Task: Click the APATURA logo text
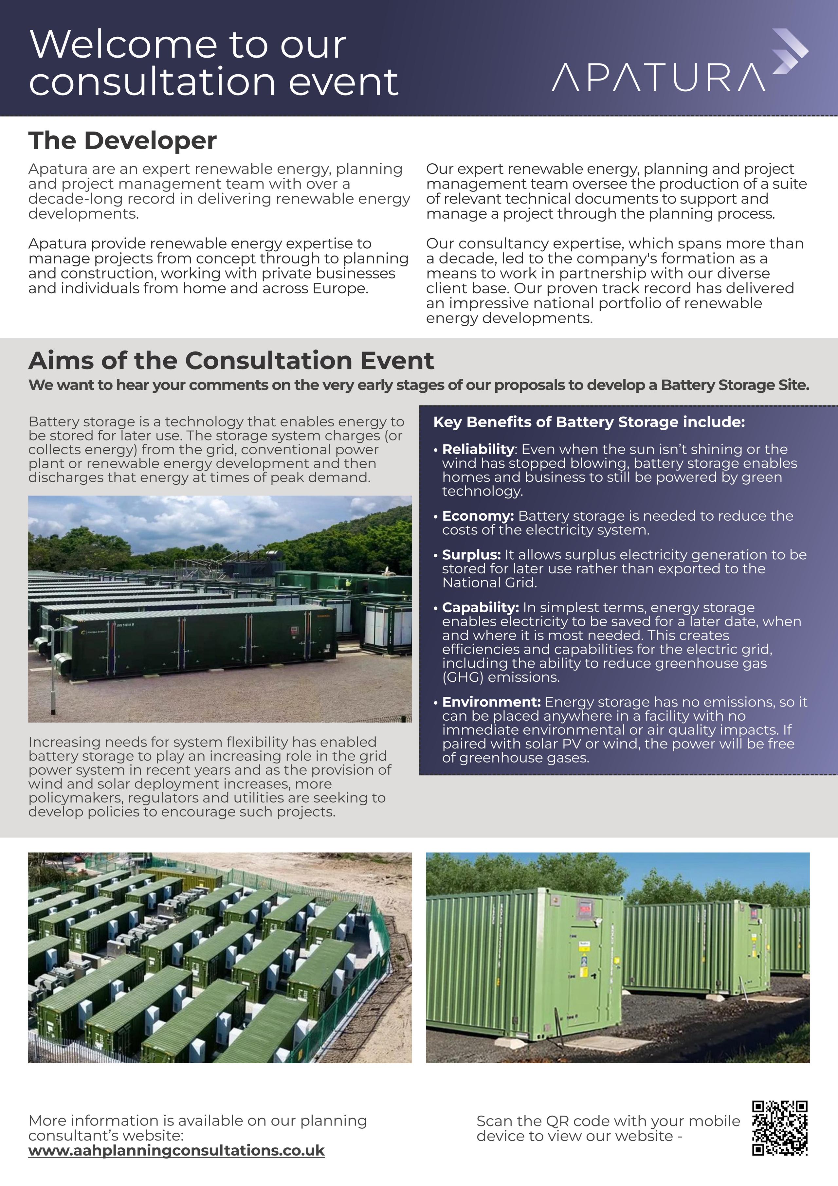pyautogui.click(x=658, y=78)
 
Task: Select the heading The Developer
pyautogui.click(x=122, y=140)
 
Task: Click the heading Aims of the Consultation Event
pyautogui.click(x=231, y=361)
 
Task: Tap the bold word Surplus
pyautogui.click(x=471, y=555)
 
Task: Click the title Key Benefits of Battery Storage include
pyautogui.click(x=589, y=422)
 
